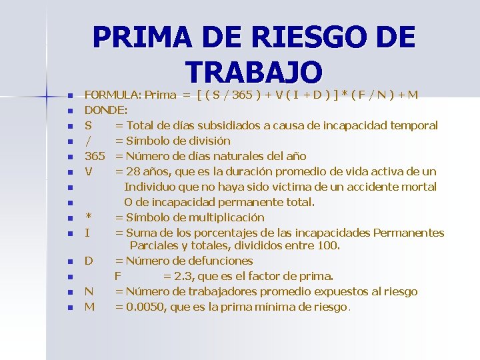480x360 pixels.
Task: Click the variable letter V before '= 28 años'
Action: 89,171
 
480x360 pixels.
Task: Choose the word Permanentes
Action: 409,233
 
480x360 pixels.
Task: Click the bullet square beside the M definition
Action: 69,307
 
